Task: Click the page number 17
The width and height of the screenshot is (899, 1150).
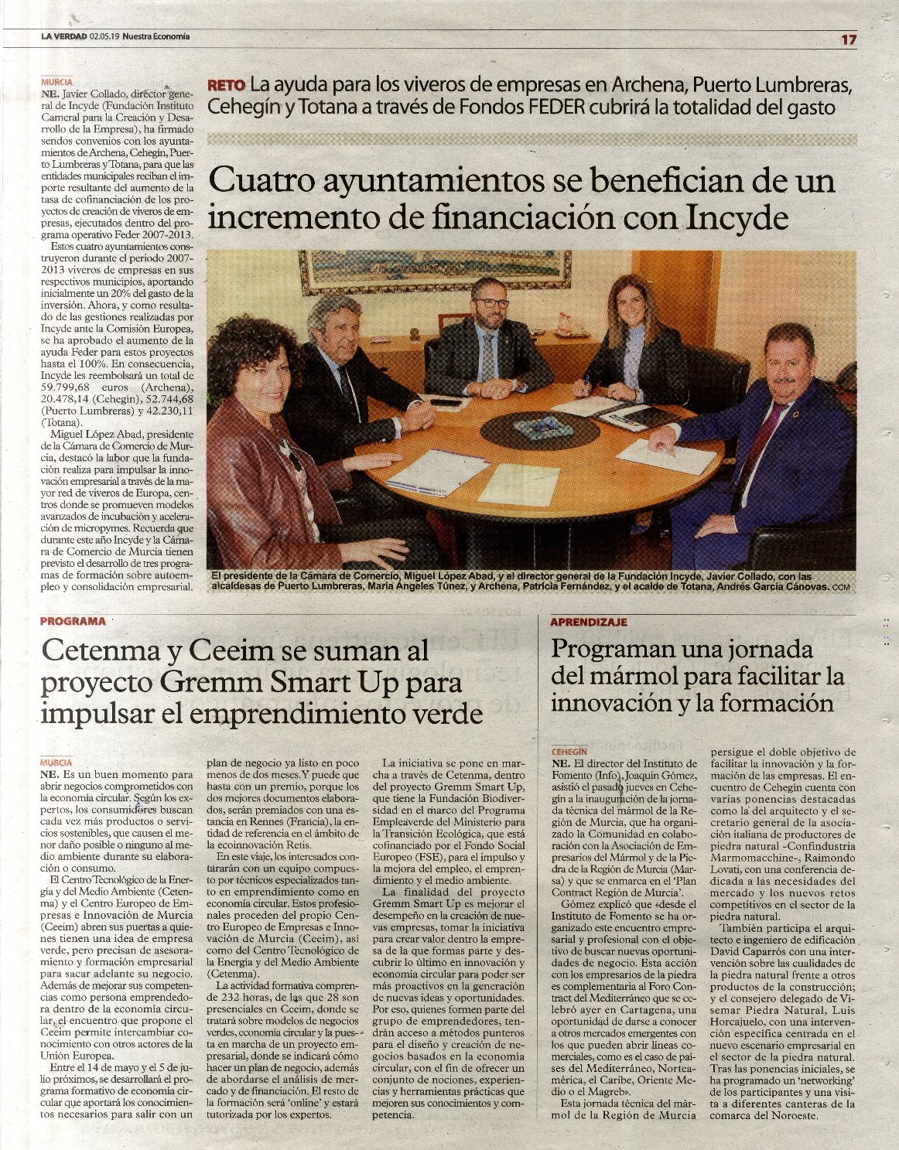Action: pyautogui.click(x=849, y=40)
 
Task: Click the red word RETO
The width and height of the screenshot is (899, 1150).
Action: pyautogui.click(x=226, y=86)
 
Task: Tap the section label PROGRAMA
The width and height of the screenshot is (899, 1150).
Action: pyautogui.click(x=73, y=620)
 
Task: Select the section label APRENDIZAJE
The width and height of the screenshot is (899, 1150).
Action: pyautogui.click(x=588, y=621)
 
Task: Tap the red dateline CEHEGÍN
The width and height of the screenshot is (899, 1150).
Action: pyautogui.click(x=571, y=751)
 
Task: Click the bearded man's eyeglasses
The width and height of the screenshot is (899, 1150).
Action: pyautogui.click(x=491, y=302)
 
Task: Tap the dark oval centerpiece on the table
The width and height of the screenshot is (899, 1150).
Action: pyautogui.click(x=538, y=428)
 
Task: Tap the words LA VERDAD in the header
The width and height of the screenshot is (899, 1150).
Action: pyautogui.click(x=64, y=36)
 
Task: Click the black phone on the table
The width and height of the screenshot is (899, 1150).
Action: pyautogui.click(x=446, y=402)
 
